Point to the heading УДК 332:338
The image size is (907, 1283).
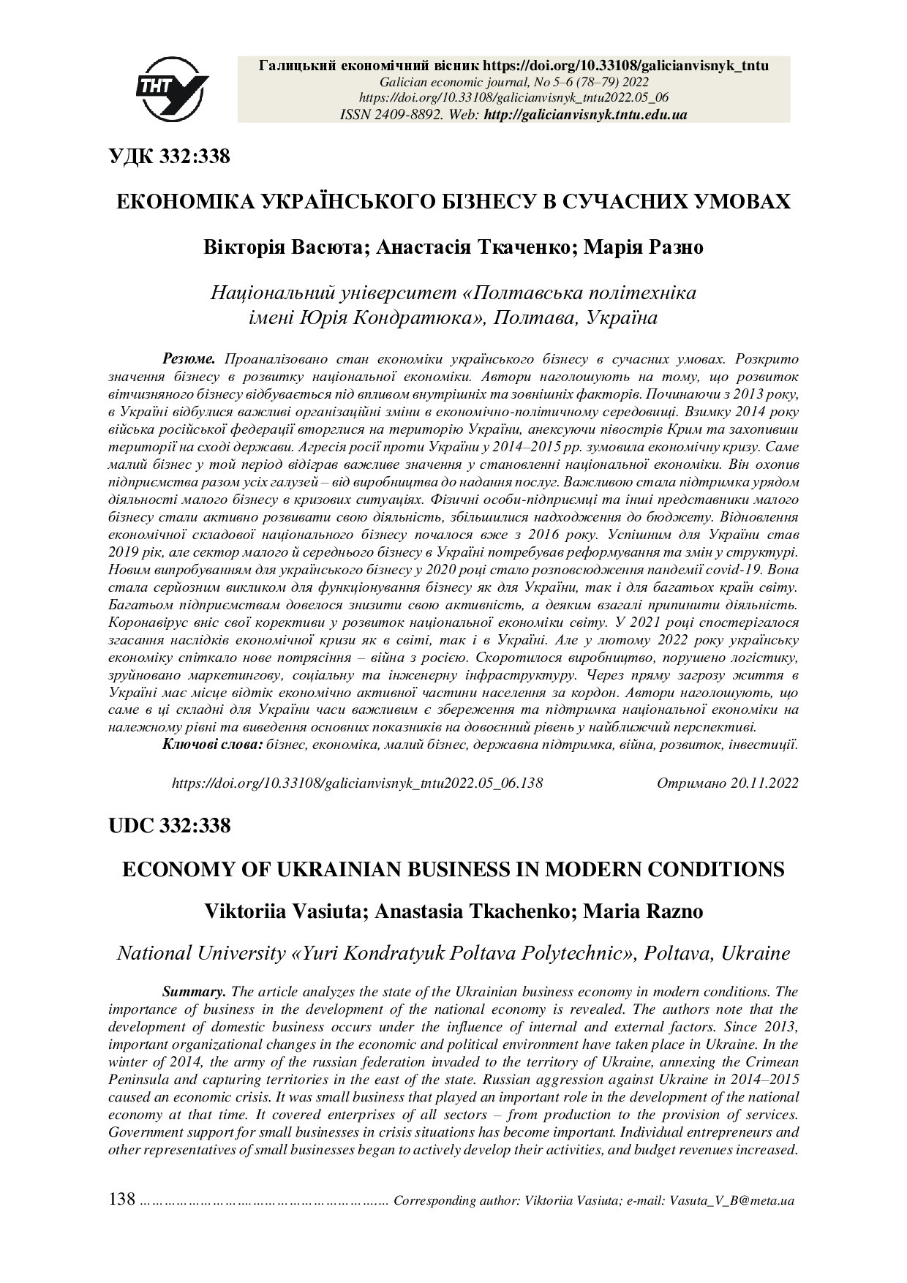169,156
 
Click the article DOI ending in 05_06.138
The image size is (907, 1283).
357,783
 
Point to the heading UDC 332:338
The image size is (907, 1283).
169,826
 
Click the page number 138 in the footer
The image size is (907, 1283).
122,1199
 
